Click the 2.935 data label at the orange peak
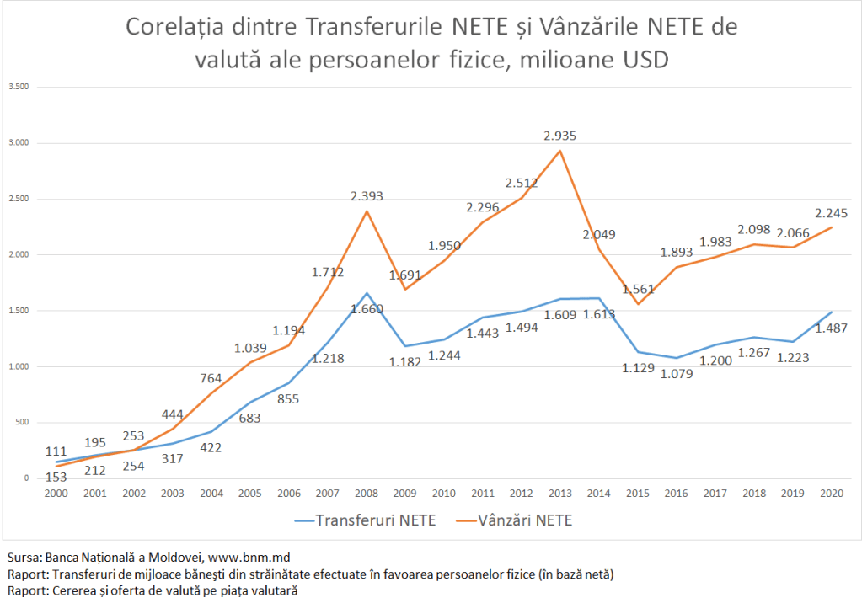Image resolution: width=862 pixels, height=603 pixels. [560, 136]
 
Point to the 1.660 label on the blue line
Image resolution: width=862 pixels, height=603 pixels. [367, 309]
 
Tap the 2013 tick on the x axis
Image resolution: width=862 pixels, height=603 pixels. [561, 494]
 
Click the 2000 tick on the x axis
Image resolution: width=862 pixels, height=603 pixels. [56, 494]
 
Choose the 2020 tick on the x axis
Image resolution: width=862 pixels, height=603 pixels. [833, 494]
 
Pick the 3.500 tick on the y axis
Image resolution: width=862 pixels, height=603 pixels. [19, 87]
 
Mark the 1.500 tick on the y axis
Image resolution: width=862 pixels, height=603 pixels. [19, 311]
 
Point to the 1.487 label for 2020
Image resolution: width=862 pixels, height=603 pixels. [832, 328]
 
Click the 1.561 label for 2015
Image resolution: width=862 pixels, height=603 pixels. [638, 289]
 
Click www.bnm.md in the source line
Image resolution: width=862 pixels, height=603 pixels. [244, 558]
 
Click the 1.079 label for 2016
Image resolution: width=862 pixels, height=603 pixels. [677, 373]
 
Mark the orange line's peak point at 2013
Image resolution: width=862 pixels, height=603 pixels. [561, 151]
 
